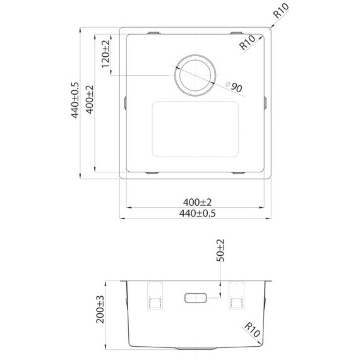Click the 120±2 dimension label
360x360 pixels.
tap(105, 54)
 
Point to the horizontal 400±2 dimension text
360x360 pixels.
tap(197, 201)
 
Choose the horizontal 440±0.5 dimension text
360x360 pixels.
tap(197, 213)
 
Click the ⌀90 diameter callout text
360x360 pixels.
tap(235, 87)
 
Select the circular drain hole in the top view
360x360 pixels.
tap(196, 75)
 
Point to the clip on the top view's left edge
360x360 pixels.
tap(125, 102)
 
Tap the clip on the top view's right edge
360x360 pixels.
tap(266, 102)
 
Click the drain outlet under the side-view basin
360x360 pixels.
tap(196, 348)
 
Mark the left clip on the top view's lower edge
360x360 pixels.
tap(154, 172)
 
